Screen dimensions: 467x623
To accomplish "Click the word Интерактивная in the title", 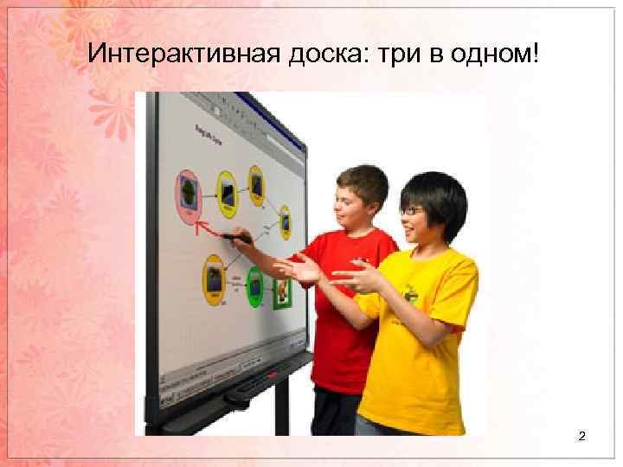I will (x=184, y=55).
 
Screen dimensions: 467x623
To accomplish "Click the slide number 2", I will (x=581, y=438).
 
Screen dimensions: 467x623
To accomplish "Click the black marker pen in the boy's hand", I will (x=235, y=236).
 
